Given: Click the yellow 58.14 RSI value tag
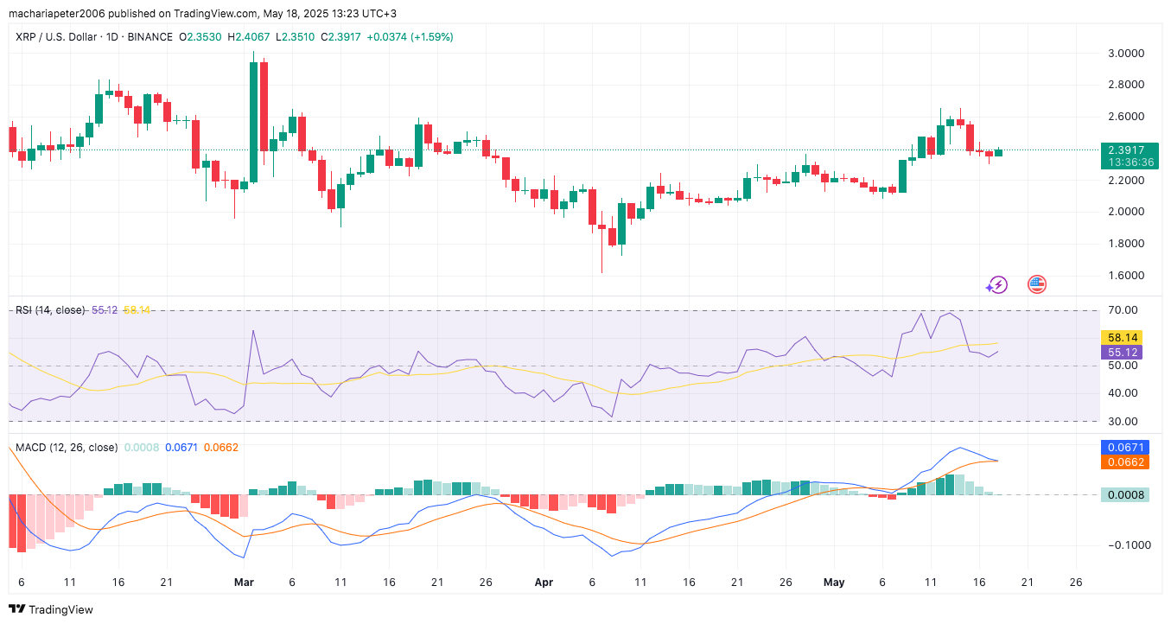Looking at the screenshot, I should [1121, 337].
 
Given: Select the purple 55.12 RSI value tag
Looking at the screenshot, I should [1121, 352].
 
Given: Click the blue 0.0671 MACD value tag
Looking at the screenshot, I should [1123, 448].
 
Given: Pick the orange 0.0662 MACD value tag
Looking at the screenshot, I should [1123, 462].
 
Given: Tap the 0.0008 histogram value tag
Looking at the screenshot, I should [1123, 495].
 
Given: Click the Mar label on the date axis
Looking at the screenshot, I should [244, 583].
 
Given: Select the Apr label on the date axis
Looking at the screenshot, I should [544, 583].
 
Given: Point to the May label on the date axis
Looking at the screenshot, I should [833, 583].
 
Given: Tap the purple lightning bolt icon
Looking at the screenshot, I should [997, 284].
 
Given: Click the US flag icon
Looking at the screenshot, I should [1036, 283].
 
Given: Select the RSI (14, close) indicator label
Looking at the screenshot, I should [50, 309].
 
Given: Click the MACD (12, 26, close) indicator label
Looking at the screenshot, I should [67, 448].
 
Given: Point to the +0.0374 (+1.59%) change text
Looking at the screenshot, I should [410, 37].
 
